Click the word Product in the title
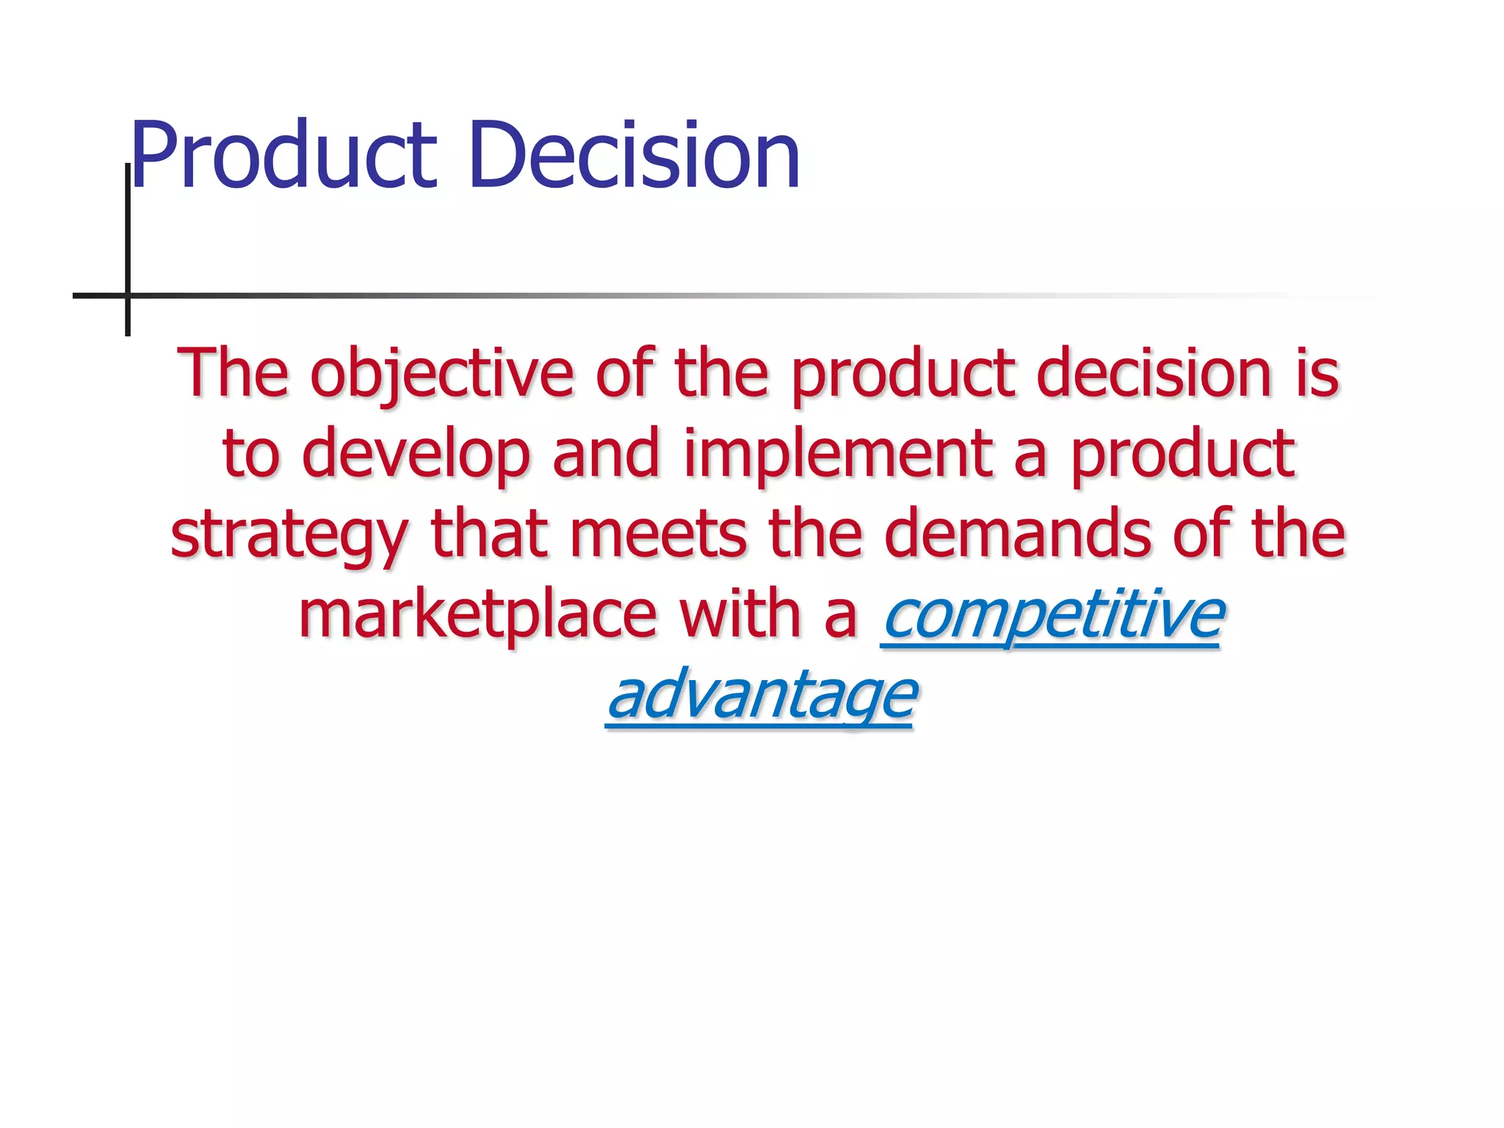tap(283, 156)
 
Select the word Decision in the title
tap(634, 156)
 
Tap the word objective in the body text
tap(441, 375)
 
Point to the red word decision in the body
tap(1153, 374)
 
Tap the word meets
tap(658, 535)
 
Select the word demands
tap(1017, 535)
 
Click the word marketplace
tap(477, 615)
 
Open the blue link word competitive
tap(1053, 615)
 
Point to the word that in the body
tap(489, 535)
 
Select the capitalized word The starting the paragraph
tap(232, 374)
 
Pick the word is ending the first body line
tap(1317, 374)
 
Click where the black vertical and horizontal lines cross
tap(128, 295)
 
